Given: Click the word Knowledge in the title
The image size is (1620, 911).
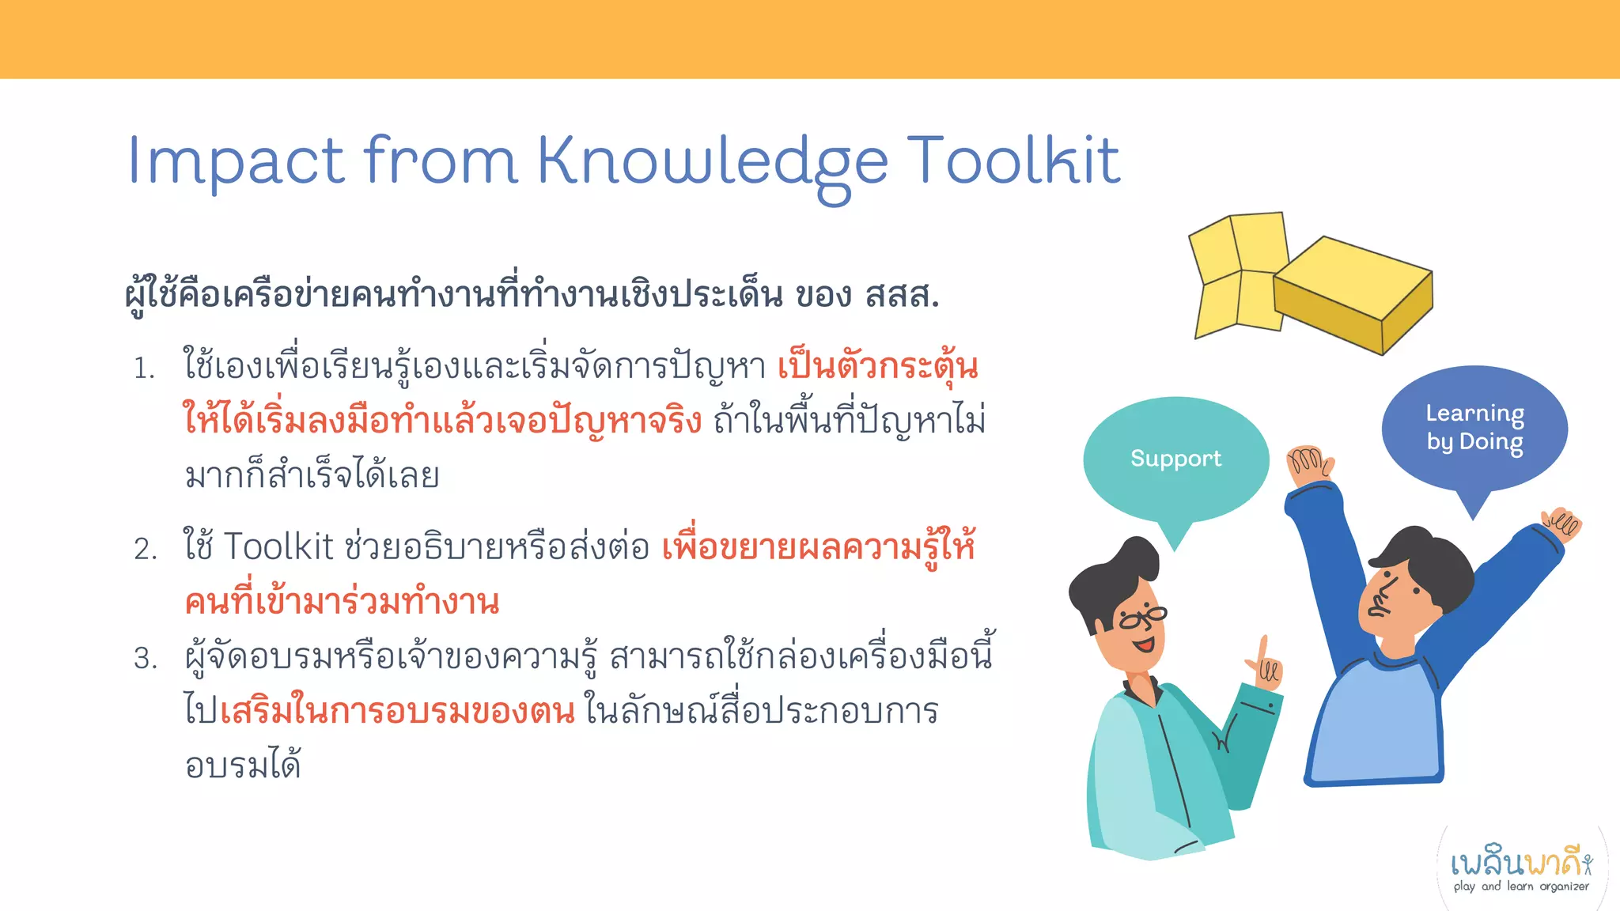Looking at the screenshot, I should click(712, 162).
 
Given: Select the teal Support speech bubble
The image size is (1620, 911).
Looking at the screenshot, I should click(1175, 459).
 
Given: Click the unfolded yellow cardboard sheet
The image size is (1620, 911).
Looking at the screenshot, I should click(1238, 273).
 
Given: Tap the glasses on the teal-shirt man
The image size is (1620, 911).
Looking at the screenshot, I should click(1142, 618).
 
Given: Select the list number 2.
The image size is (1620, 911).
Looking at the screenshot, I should click(146, 549).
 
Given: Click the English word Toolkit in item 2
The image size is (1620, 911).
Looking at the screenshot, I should click(278, 547).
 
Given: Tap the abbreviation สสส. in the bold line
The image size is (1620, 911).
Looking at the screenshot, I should click(902, 296).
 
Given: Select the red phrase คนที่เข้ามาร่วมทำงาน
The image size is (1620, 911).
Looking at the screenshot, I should click(342, 603).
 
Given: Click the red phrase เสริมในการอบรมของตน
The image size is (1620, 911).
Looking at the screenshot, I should click(397, 711).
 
